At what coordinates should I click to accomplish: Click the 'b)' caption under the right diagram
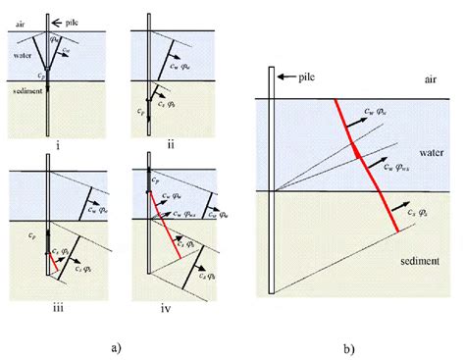tap(348, 348)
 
